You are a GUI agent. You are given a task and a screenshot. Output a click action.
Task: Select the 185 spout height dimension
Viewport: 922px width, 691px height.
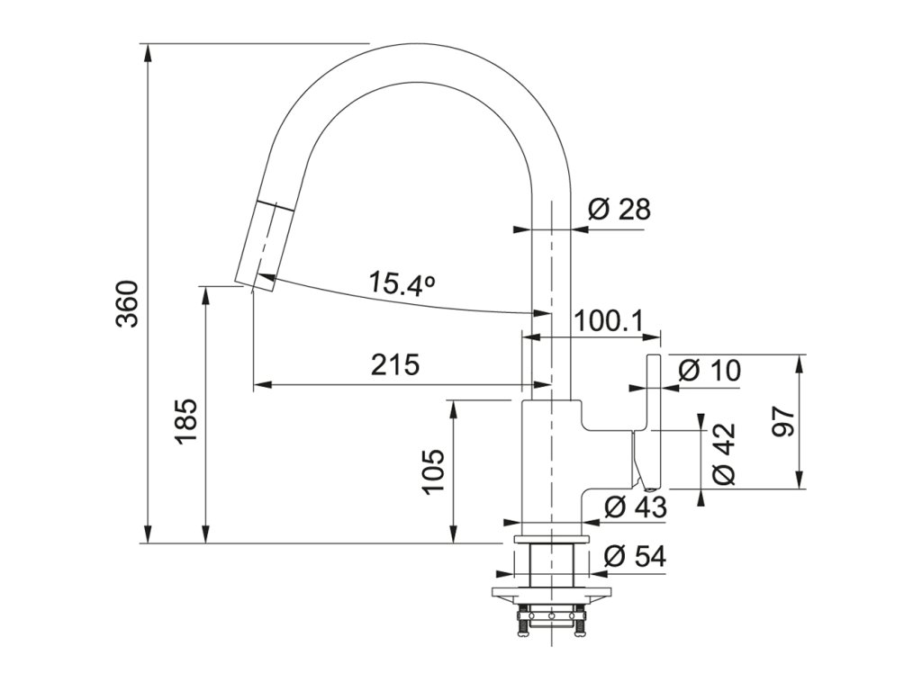(186, 422)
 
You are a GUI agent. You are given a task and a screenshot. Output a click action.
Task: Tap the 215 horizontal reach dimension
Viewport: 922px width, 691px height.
(395, 365)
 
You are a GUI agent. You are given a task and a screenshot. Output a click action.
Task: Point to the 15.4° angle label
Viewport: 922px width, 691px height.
(402, 285)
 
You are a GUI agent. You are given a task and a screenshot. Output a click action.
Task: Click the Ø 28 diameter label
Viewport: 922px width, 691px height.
(619, 209)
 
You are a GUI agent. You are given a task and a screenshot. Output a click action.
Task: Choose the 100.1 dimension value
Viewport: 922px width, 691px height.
(609, 321)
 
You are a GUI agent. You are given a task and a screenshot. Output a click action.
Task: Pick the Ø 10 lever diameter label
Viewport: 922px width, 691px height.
(710, 371)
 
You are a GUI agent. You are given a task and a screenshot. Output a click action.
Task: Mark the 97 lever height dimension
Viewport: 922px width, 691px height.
(785, 421)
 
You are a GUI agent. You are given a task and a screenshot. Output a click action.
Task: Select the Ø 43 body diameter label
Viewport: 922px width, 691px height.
(636, 507)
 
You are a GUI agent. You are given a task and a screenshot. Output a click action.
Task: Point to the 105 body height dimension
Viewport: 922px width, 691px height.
(433, 471)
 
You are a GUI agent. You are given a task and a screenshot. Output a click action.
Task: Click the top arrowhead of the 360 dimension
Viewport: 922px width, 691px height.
(149, 53)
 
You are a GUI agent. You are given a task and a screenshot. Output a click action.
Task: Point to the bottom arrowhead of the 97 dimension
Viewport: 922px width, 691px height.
(800, 479)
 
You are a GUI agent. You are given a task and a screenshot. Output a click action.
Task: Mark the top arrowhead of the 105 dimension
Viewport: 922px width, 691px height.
(454, 409)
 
